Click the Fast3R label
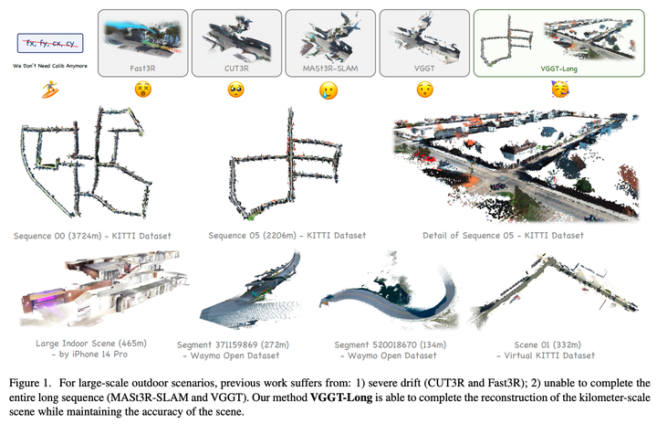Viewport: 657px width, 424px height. point(142,68)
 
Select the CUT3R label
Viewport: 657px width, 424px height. point(236,68)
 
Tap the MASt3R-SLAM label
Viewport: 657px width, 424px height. point(330,68)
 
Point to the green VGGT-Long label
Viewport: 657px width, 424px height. point(558,69)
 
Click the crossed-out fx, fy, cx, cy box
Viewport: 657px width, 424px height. point(50,43)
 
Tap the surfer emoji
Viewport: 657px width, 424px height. point(50,90)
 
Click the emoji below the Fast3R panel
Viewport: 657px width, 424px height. point(143,90)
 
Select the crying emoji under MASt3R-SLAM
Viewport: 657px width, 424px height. point(328,90)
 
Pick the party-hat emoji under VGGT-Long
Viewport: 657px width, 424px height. point(560,89)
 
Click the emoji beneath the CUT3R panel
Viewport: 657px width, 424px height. point(236,90)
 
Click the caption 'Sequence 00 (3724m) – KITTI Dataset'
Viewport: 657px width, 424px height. point(92,236)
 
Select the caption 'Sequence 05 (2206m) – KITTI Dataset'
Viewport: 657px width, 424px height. point(287,236)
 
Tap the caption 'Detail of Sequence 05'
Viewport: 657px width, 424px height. point(467,236)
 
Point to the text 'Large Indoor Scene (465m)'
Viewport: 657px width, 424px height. point(91,344)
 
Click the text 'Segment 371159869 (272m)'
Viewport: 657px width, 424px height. point(233,345)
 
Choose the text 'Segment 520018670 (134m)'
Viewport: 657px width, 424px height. point(391,345)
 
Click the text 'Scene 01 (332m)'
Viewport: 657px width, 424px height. point(547,345)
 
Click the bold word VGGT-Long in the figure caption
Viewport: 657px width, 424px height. point(341,397)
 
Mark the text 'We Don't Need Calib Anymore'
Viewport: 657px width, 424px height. point(50,66)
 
